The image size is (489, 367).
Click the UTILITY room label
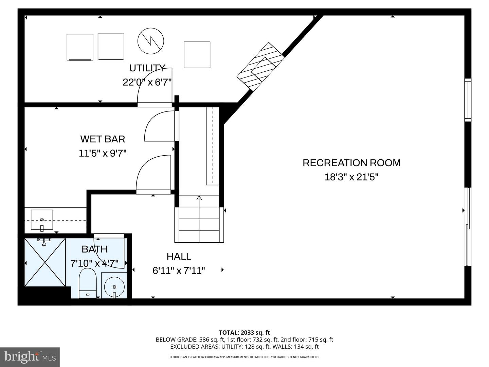click(x=147, y=68)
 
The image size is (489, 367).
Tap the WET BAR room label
click(x=103, y=139)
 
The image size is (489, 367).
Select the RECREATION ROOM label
click(x=351, y=163)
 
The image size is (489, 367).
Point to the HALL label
click(x=179, y=256)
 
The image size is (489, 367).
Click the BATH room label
click(x=94, y=249)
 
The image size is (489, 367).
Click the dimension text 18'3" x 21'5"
click(x=351, y=177)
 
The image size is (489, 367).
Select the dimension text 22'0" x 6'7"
click(x=147, y=82)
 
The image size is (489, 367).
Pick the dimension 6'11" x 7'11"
click(x=179, y=270)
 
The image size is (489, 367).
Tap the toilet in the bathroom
click(x=88, y=283)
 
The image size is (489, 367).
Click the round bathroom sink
click(x=114, y=285)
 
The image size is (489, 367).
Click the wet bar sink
click(x=42, y=220)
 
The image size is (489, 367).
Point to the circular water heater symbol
click(x=150, y=41)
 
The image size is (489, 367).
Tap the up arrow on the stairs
click(x=199, y=198)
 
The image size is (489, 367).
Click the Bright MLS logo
click(x=30, y=357)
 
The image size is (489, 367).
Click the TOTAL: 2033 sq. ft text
click(x=244, y=333)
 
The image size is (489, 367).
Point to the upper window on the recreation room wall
click(x=468, y=100)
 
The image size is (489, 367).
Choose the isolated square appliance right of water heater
click(x=197, y=55)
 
